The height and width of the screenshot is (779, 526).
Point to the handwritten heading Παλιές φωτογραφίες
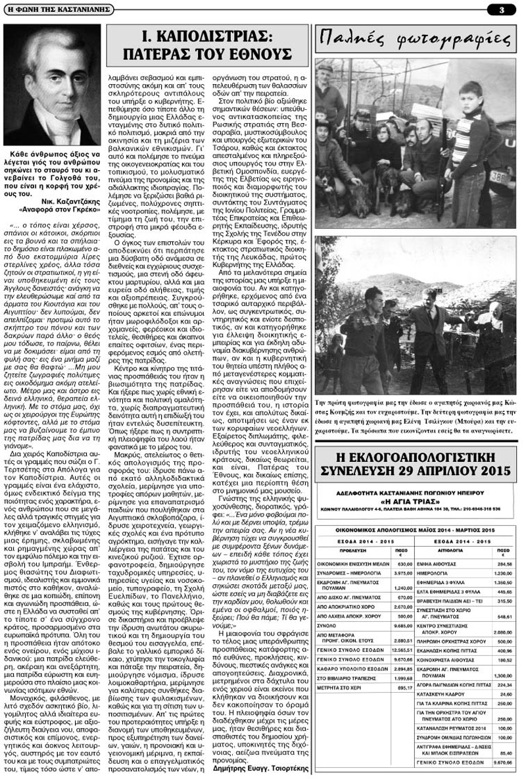click(414, 41)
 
